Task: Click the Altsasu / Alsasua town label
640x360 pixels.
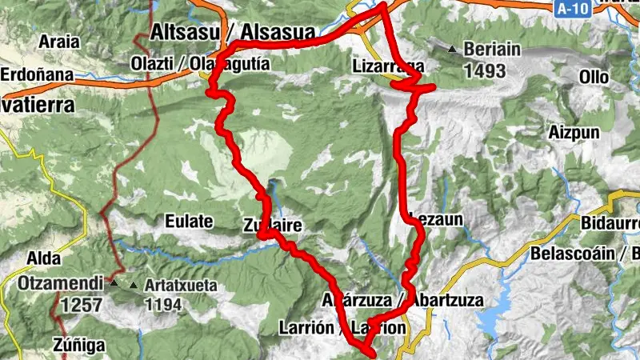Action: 231,33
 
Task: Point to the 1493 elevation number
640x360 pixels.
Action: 484,70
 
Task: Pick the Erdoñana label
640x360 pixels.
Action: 36,75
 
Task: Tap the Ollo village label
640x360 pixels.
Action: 594,78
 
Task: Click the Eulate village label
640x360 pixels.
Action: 189,221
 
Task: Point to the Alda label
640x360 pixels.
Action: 39,258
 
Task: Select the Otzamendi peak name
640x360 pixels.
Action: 61,283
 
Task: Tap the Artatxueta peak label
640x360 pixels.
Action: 181,284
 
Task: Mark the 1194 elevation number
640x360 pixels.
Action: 163,304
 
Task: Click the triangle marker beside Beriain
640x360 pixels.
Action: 452,50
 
